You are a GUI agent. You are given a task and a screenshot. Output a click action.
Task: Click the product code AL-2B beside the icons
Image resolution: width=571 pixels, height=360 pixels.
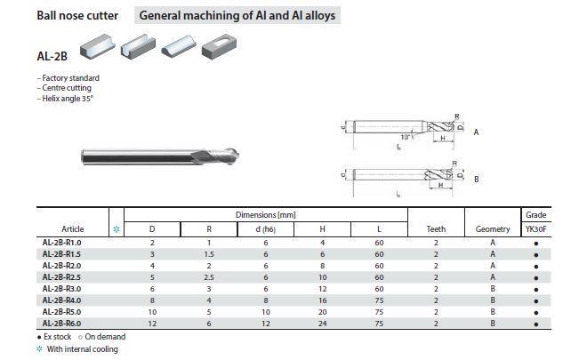[x=51, y=55]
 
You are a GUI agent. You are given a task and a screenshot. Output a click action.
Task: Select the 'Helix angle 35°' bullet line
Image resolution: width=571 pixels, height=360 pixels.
[x=66, y=99]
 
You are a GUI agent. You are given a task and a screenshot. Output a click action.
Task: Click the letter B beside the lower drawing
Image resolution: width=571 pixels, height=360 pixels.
[x=477, y=179]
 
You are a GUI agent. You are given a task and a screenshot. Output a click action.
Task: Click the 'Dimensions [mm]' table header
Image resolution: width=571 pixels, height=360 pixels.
[x=265, y=215]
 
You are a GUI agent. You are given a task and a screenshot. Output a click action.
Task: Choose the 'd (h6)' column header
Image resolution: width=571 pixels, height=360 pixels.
[x=265, y=229]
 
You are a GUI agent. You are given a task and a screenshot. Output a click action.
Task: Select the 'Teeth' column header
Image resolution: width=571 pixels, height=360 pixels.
[x=436, y=229]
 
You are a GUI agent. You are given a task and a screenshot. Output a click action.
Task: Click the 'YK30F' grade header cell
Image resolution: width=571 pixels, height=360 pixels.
[x=536, y=229]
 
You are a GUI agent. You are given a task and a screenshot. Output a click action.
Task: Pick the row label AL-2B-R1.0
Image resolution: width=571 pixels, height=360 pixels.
[x=62, y=242]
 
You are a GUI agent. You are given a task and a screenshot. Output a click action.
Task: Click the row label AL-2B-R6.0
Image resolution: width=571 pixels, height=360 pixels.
[x=62, y=323]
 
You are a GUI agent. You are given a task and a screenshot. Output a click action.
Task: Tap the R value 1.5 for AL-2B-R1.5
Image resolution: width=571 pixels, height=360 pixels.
[x=208, y=253]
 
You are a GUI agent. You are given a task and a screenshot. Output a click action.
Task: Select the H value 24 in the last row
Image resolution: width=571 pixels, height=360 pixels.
[x=322, y=323]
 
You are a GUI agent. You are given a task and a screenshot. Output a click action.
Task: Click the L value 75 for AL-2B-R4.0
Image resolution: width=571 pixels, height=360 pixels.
[x=379, y=300]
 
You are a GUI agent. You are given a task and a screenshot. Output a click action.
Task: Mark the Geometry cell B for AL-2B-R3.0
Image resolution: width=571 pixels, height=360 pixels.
[x=493, y=288]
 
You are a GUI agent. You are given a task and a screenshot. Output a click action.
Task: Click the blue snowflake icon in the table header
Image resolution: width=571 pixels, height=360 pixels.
[x=116, y=229]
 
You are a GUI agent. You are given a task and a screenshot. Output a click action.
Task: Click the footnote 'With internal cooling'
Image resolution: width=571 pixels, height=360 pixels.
[x=82, y=349]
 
